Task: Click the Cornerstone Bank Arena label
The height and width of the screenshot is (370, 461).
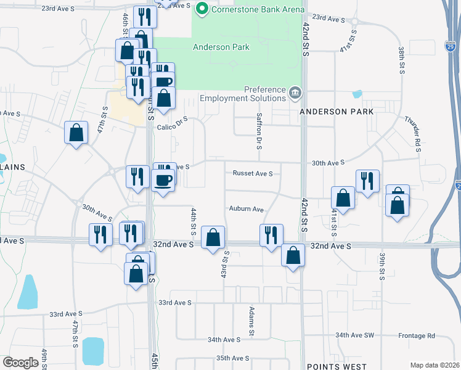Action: coord(258,9)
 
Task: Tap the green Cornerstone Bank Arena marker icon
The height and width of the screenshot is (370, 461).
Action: coord(201,9)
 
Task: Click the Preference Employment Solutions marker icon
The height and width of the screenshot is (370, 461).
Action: coord(295,94)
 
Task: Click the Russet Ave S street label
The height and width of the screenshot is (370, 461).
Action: coord(253,174)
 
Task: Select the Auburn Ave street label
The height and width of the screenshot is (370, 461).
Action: coord(246,209)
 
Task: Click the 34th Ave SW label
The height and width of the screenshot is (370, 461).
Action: coord(354,335)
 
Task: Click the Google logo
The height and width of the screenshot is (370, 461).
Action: coord(20,363)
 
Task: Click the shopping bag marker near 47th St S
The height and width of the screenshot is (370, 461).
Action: coord(76,133)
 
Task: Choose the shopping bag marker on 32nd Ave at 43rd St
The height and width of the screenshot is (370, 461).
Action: coord(213,237)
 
